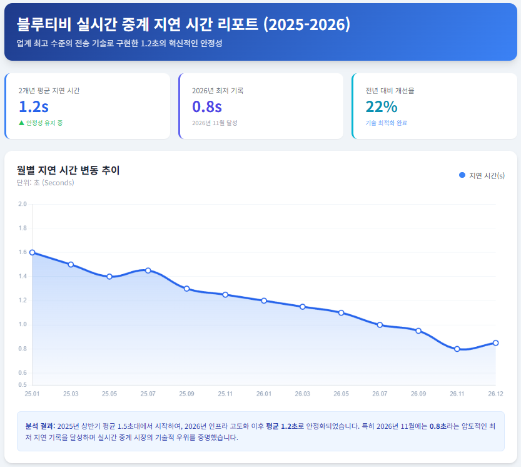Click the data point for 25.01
[32, 252]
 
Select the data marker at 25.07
[148, 270]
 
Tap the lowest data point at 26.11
[457, 349]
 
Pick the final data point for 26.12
[495, 342]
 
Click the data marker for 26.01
[264, 300]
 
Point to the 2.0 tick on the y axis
[23, 204]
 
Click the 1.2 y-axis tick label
[23, 300]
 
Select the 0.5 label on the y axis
[23, 384]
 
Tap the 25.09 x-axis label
[186, 394]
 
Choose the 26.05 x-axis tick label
[341, 394]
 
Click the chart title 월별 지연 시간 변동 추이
[68, 170]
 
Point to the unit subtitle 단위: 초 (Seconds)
[45, 183]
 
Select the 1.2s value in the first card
[34, 106]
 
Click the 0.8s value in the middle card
[207, 106]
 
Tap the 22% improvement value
[382, 106]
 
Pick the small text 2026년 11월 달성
[215, 123]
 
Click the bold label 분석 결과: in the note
[40, 426]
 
